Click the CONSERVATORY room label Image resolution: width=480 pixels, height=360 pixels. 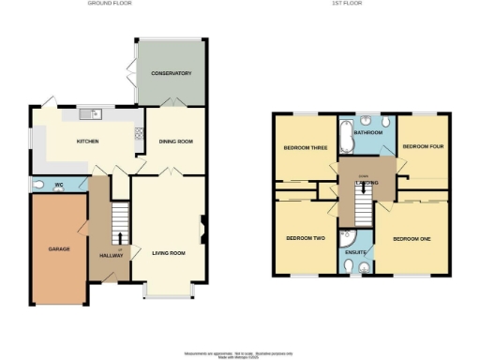(x=172, y=73)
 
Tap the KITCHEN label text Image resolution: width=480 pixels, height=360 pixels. (x=87, y=141)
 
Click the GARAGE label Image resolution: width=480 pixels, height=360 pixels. (x=60, y=249)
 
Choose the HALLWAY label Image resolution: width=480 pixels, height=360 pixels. (x=111, y=254)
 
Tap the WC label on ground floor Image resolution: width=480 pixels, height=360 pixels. (x=58, y=185)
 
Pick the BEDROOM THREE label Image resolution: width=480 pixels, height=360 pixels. (x=305, y=147)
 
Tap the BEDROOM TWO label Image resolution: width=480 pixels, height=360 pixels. (x=305, y=238)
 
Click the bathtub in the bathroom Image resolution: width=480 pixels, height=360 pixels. (x=344, y=141)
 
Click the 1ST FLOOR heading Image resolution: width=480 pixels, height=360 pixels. (x=347, y=4)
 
